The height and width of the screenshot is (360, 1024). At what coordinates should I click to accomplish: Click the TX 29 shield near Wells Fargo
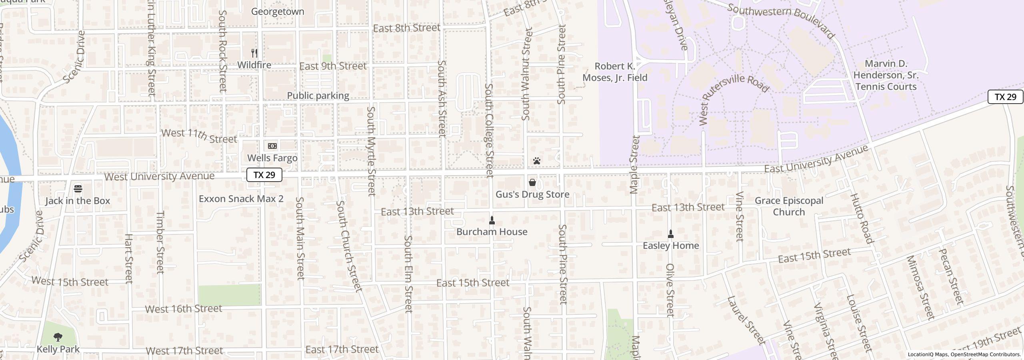pos(264,175)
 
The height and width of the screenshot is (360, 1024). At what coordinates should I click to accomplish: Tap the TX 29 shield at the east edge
pos(1005,97)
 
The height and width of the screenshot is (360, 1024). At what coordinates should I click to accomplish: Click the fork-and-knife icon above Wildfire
pos(254,53)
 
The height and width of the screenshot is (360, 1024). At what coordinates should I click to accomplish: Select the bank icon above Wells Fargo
pos(272,146)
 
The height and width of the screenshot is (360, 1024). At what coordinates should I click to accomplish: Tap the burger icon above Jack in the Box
pos(78,188)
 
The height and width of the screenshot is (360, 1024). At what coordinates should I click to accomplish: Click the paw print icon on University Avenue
pos(537,161)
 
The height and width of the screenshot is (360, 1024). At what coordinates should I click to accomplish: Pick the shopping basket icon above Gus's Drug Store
pos(532,183)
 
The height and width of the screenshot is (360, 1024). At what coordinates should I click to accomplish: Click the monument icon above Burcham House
pos(492,220)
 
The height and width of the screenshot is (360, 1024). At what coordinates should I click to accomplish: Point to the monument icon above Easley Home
pos(671,234)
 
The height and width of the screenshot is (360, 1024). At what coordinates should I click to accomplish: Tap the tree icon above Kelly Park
pos(58,337)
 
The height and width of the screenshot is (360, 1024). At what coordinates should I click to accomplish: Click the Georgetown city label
pos(278,11)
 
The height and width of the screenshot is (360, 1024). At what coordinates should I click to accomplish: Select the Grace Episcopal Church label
pos(789,206)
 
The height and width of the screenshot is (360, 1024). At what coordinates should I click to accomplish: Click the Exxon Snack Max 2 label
pos(241,198)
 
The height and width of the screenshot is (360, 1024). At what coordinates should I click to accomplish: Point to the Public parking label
pos(318,96)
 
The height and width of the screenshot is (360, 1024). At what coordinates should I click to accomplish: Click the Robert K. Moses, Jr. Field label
pos(615,72)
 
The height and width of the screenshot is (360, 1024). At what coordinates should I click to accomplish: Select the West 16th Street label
pos(183,309)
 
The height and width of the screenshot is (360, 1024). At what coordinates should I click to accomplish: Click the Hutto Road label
pos(860,219)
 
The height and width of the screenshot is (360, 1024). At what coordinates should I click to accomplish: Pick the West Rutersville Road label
pos(734,96)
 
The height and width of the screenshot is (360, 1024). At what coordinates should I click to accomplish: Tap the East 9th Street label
pos(332,66)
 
